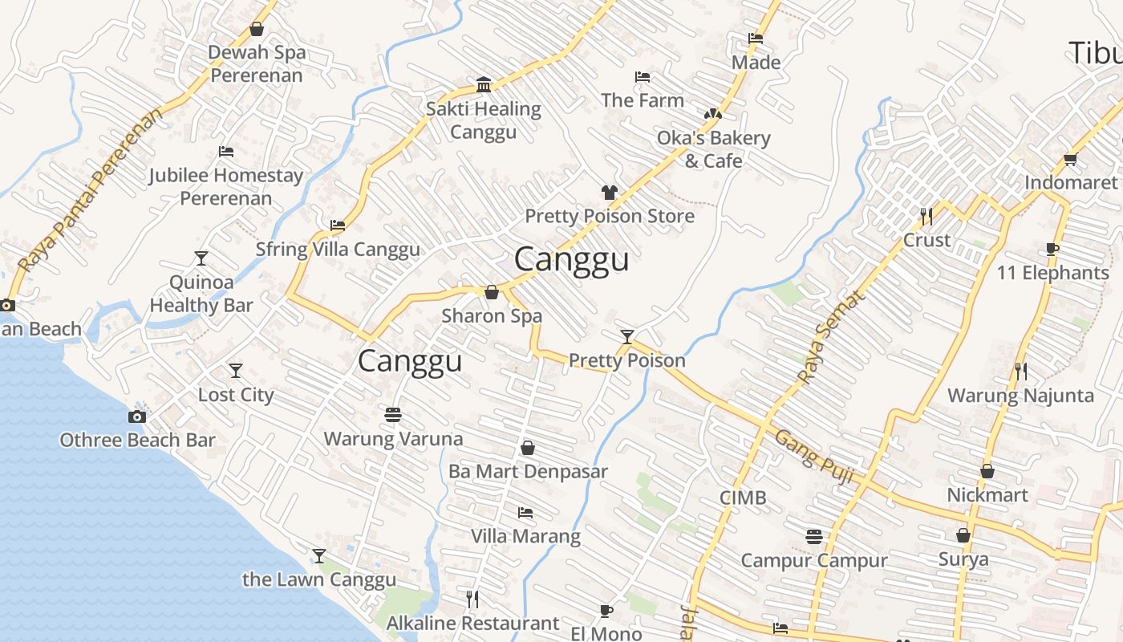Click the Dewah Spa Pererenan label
257,64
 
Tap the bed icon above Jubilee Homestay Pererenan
226,152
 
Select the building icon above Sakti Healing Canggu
484,85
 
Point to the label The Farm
643,100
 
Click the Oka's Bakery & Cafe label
713,149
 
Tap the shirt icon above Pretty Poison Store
610,193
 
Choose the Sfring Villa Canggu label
338,250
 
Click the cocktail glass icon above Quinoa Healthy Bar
201,258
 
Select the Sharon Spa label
492,316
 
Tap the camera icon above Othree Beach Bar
137,416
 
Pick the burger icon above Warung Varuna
393,415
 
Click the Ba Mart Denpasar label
528,471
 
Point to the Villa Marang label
525,536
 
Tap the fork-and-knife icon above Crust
926,217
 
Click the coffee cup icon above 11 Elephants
1052,250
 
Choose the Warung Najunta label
1020,396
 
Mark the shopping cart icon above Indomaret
1070,160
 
